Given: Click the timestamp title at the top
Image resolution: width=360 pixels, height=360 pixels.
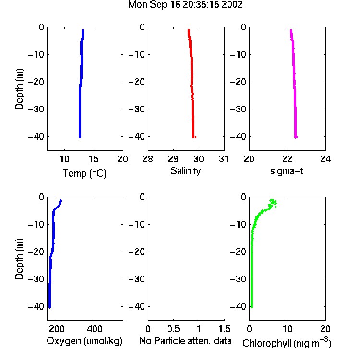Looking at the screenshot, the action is tap(185, 5).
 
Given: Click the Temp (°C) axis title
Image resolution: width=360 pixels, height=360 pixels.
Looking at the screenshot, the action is tap(84, 173).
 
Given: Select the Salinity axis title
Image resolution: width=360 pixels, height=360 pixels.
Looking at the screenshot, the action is tap(185, 171).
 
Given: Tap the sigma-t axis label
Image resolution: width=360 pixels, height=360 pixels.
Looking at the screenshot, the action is tap(287, 171).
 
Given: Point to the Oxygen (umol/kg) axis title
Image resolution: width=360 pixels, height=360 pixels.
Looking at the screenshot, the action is tap(84, 341).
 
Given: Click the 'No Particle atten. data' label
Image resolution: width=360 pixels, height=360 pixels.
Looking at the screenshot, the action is tap(185, 341).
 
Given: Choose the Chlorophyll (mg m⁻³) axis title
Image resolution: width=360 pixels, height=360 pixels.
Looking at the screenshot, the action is tap(287, 343).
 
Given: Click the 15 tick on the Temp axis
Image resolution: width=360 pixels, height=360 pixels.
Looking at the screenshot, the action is tap(94, 159).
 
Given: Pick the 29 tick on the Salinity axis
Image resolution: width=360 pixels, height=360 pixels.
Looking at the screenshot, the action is tap(173, 159).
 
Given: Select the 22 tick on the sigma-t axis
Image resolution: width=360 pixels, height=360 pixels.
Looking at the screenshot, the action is tap(288, 159).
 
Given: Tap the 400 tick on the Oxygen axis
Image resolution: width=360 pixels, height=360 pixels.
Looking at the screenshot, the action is tap(95, 329).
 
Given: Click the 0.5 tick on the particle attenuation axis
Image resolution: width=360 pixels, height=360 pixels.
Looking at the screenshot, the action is tap(173, 329).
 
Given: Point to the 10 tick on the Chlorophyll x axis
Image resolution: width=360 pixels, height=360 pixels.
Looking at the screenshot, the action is tap(288, 329).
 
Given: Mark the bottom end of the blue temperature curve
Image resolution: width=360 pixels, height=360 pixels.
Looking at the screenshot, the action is tap(80, 137).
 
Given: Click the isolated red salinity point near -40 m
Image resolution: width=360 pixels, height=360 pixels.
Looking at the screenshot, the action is tap(195, 137).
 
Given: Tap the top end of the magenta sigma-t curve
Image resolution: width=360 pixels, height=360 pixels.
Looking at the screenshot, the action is tap(291, 30).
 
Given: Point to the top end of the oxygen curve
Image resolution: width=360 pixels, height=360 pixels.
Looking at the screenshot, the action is tap(61, 200).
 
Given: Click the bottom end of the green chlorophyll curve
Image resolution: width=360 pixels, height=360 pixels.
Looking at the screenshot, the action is tap(252, 307).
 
